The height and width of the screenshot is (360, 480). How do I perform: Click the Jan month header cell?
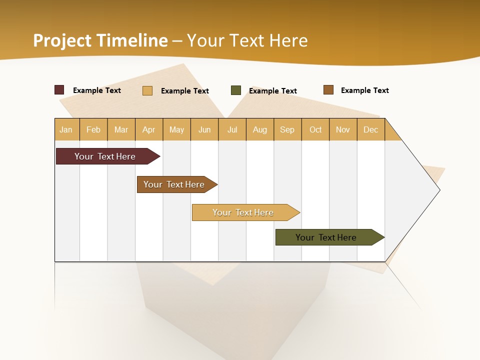click(x=66, y=129)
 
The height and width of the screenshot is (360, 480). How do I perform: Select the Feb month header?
click(x=93, y=129)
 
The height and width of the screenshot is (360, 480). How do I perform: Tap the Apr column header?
click(x=149, y=129)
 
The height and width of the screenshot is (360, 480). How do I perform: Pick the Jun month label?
click(x=204, y=129)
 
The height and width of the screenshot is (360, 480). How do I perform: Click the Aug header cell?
click(x=260, y=129)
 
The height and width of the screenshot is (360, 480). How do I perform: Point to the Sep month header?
click(x=287, y=129)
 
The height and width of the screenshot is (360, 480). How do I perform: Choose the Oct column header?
click(x=315, y=129)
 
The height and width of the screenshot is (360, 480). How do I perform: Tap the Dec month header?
click(x=370, y=129)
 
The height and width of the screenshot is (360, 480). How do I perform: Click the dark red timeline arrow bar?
click(x=105, y=156)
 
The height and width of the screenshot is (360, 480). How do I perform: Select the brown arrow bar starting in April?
click(x=174, y=184)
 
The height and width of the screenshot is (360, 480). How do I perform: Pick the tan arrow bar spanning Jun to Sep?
click(x=243, y=212)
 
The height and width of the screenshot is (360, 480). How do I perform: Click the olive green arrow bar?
click(x=326, y=237)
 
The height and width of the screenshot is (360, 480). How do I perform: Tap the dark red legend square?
click(x=59, y=90)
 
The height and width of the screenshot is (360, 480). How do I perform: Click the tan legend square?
click(x=147, y=90)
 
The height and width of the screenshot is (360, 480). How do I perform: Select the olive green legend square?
click(x=236, y=90)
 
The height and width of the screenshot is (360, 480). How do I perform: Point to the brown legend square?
click(x=328, y=90)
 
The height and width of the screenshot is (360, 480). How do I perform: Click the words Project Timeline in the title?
click(x=100, y=40)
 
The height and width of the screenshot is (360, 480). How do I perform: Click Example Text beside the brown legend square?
click(x=364, y=90)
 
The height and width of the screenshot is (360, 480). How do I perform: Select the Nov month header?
click(x=342, y=129)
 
